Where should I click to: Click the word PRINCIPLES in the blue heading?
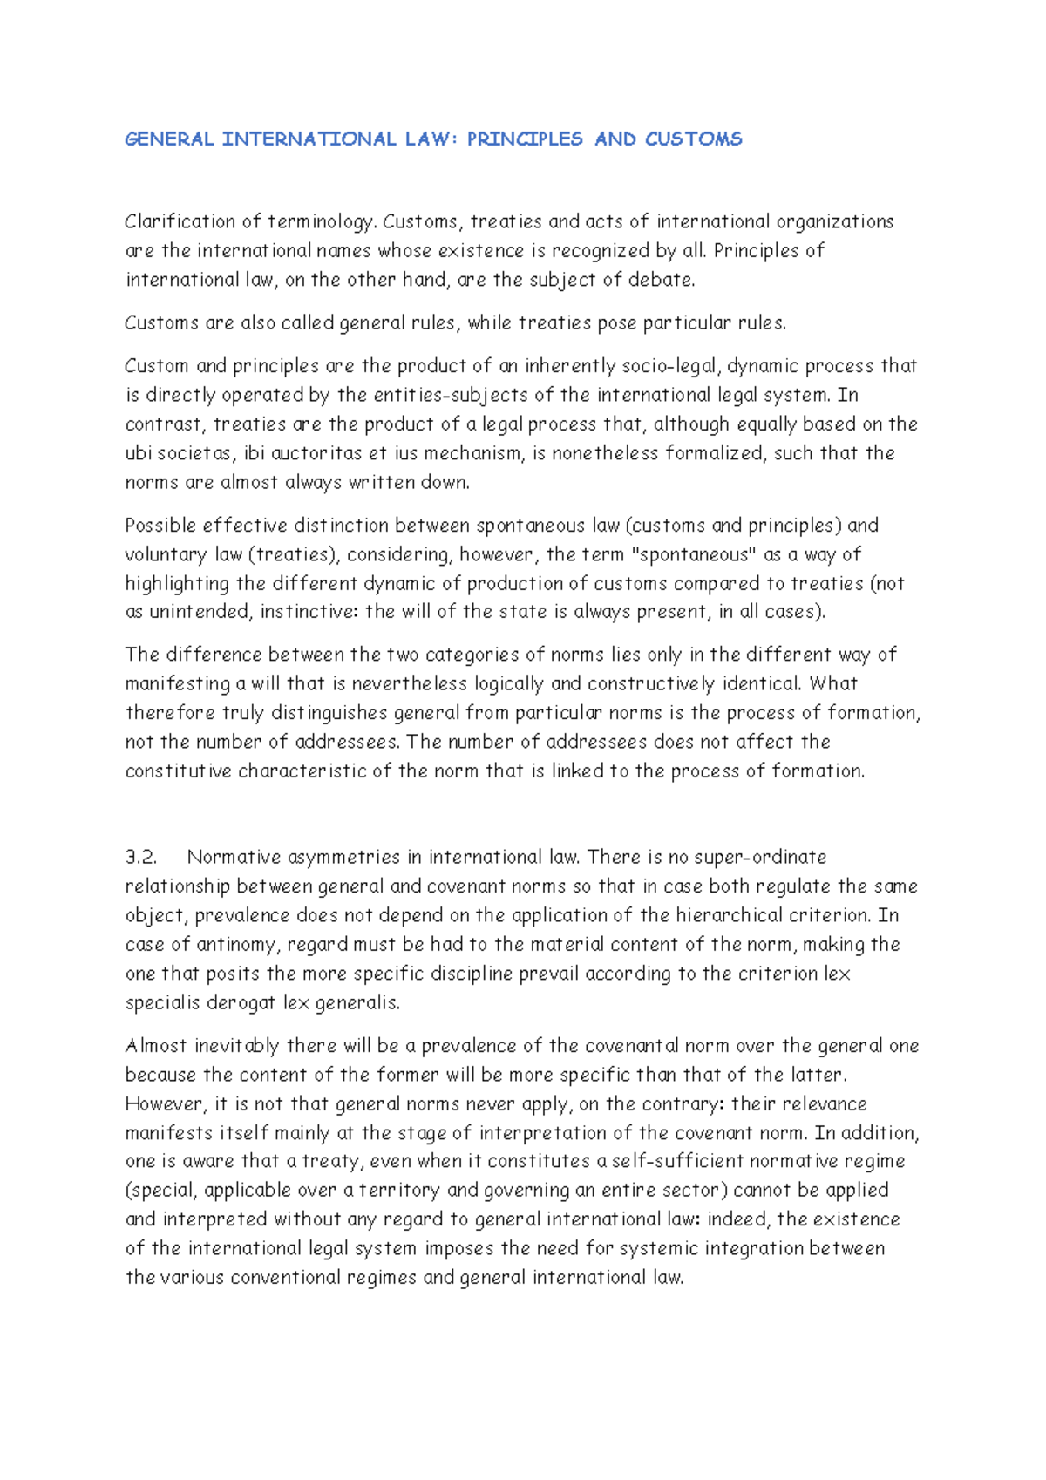[x=525, y=139]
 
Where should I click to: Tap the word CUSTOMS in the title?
[x=694, y=139]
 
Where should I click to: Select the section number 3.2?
[x=141, y=857]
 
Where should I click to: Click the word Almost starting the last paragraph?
[x=155, y=1045]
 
